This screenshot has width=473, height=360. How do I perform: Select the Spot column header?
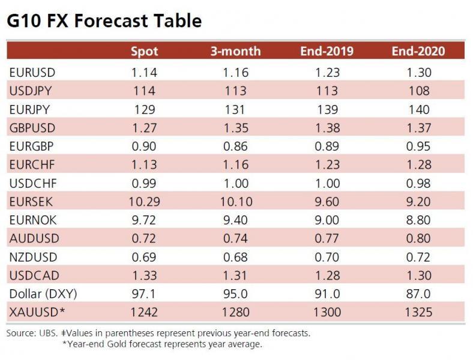[144, 50]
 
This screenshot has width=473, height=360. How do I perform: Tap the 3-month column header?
[235, 50]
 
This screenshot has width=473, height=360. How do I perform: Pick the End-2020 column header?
[418, 50]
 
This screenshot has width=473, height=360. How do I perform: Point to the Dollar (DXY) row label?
[43, 294]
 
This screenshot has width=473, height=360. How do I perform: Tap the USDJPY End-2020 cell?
[418, 91]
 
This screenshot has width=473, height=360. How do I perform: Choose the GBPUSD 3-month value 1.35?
[235, 128]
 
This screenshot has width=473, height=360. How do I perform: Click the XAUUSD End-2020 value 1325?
[418, 312]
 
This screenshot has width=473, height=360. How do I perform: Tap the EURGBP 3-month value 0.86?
[235, 146]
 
